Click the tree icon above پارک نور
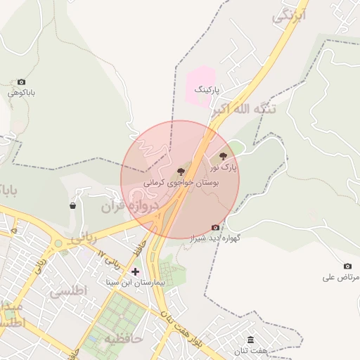click(x=224, y=156)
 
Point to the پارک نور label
click(x=224, y=168)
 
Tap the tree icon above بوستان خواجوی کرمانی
click(x=181, y=171)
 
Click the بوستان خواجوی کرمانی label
click(x=182, y=182)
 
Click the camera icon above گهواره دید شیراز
click(x=215, y=227)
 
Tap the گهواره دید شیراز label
click(x=215, y=239)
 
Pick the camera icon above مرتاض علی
click(x=347, y=266)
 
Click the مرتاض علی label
click(x=341, y=277)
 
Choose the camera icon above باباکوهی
click(x=21, y=82)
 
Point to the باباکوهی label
click(x=21, y=93)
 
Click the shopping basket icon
click(x=72, y=206)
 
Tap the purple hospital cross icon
click(x=135, y=271)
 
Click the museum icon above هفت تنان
click(x=251, y=340)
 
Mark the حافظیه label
click(x=124, y=339)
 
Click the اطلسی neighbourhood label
click(x=70, y=290)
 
